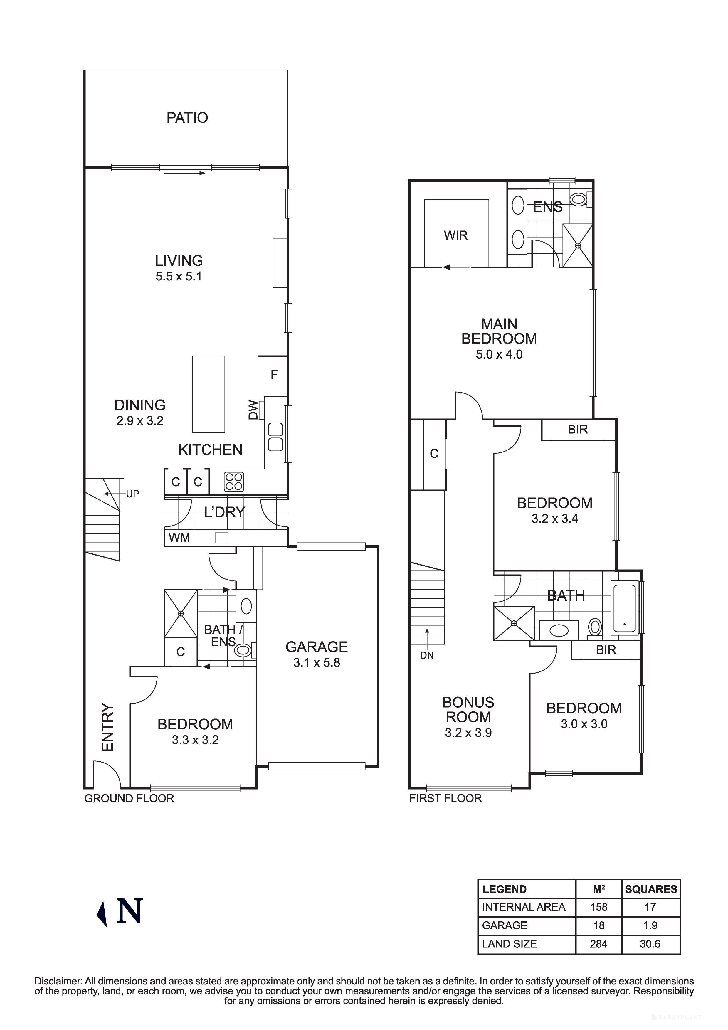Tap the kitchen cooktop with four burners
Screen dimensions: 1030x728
click(234, 482)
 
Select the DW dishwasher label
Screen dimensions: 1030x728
click(253, 410)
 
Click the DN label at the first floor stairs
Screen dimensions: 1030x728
click(427, 655)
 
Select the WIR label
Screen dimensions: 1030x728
click(456, 235)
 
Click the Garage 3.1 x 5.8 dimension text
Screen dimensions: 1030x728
click(317, 663)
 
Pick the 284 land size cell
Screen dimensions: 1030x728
click(598, 944)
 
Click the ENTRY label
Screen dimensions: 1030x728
click(108, 727)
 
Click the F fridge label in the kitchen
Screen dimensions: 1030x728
click(274, 375)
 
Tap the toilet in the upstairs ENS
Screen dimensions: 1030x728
click(579, 199)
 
